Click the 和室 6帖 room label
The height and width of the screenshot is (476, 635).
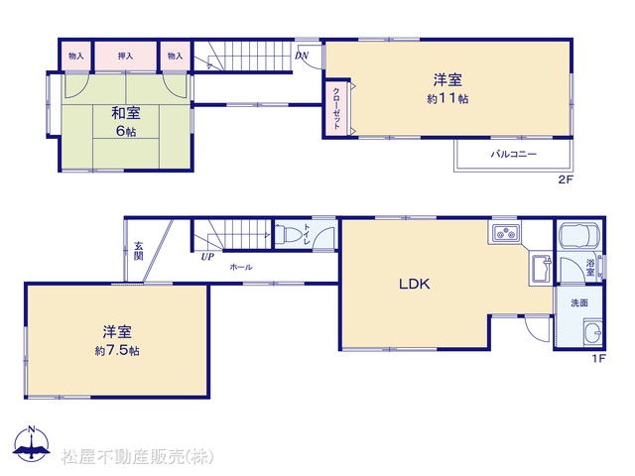126,121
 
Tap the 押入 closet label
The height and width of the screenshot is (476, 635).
126,56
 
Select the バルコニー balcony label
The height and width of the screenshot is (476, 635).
514,154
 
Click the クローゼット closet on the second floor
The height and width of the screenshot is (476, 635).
336,108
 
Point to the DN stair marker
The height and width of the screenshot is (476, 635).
302,56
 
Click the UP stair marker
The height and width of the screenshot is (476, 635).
207,257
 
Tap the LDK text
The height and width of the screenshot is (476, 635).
415,285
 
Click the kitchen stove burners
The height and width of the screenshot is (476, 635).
505,233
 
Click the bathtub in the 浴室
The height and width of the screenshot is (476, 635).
579,234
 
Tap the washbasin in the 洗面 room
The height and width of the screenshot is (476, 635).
592,333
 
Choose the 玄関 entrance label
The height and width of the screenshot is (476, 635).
139,251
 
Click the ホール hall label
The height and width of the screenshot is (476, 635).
241,267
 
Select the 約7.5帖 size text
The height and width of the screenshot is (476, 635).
117,350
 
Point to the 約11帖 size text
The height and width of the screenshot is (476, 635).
447,98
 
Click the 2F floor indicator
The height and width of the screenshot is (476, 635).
567,179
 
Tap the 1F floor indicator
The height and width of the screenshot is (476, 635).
598,358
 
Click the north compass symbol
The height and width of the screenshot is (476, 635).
32,443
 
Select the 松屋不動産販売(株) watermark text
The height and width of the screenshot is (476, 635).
137,457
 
